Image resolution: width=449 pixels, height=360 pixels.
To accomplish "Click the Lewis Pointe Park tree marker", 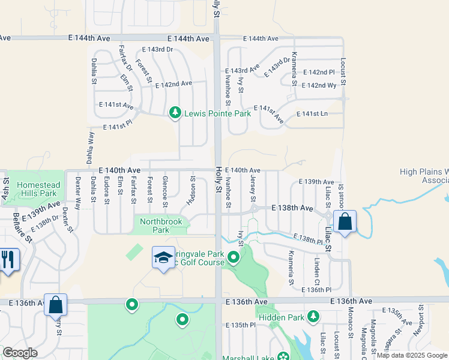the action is [x=175, y=113].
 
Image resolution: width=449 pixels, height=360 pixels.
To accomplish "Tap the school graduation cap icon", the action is [x=163, y=258].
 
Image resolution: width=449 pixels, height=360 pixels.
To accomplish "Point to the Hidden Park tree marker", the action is [x=313, y=316].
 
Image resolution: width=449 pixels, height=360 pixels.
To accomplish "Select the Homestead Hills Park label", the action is [x=37, y=190].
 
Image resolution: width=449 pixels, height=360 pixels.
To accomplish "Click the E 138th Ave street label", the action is [x=292, y=208].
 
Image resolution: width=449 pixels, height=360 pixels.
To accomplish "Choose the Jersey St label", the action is [x=253, y=189].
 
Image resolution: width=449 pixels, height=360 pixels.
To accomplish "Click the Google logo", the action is [x=20, y=353].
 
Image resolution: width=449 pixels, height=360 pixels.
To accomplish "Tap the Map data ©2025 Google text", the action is [x=411, y=355].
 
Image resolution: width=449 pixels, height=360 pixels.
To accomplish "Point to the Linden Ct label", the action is [x=316, y=271].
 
